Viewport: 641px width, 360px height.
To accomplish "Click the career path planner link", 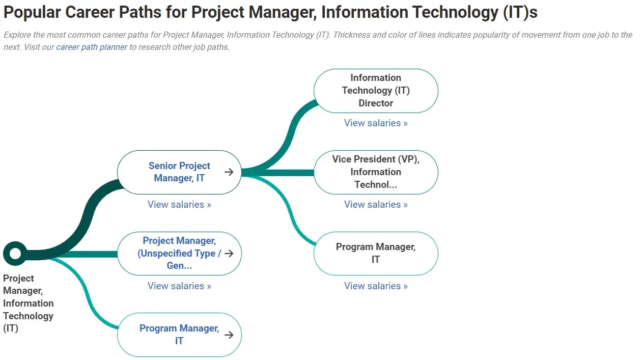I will [x=92, y=47].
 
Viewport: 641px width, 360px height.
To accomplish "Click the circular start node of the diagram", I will [x=15, y=253].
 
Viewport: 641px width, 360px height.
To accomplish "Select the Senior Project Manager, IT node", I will [x=179, y=172].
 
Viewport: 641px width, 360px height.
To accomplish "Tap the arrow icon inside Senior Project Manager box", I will [x=229, y=172].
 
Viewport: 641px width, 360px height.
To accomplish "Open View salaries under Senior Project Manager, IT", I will [x=179, y=205].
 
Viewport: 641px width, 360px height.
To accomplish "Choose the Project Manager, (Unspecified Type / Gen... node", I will [x=179, y=253].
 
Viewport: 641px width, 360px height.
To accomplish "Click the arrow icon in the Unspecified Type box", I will [x=229, y=253].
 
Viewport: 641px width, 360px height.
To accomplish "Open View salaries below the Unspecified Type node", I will [x=179, y=286].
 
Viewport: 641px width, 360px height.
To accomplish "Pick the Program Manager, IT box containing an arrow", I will [x=179, y=335].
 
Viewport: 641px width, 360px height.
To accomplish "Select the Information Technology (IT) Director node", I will [x=376, y=91].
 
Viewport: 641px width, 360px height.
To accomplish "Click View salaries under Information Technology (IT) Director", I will [x=376, y=123].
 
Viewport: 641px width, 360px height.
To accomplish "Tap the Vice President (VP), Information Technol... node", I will [x=376, y=172].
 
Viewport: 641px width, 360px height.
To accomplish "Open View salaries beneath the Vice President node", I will [x=376, y=205].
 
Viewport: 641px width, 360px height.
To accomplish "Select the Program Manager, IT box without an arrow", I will [x=376, y=253].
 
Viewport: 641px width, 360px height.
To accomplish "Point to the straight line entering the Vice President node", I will [x=285, y=173].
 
